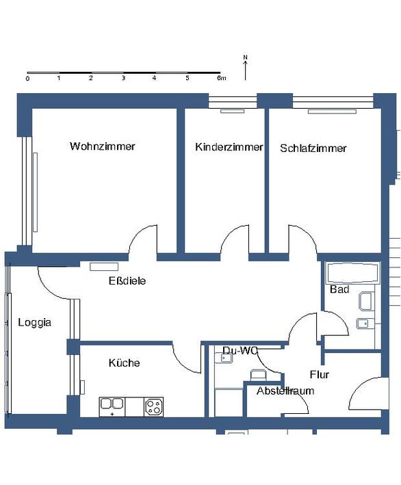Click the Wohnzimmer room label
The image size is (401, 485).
[103, 146]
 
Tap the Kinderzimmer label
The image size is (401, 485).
[229, 147]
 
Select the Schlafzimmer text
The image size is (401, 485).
[313, 148]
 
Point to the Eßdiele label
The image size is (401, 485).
[127, 281]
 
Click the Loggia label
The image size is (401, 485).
[34, 323]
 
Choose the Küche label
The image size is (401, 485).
[124, 363]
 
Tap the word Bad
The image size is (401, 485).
[339, 289]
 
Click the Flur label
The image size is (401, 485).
[320, 375]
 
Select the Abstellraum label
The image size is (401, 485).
[285, 391]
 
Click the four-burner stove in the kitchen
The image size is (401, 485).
[153, 407]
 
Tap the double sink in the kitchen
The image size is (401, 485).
[112, 407]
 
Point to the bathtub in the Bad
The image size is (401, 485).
[352, 273]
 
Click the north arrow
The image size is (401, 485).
[246, 70]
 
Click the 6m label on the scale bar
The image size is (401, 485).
[221, 78]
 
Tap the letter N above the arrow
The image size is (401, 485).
[246, 57]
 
